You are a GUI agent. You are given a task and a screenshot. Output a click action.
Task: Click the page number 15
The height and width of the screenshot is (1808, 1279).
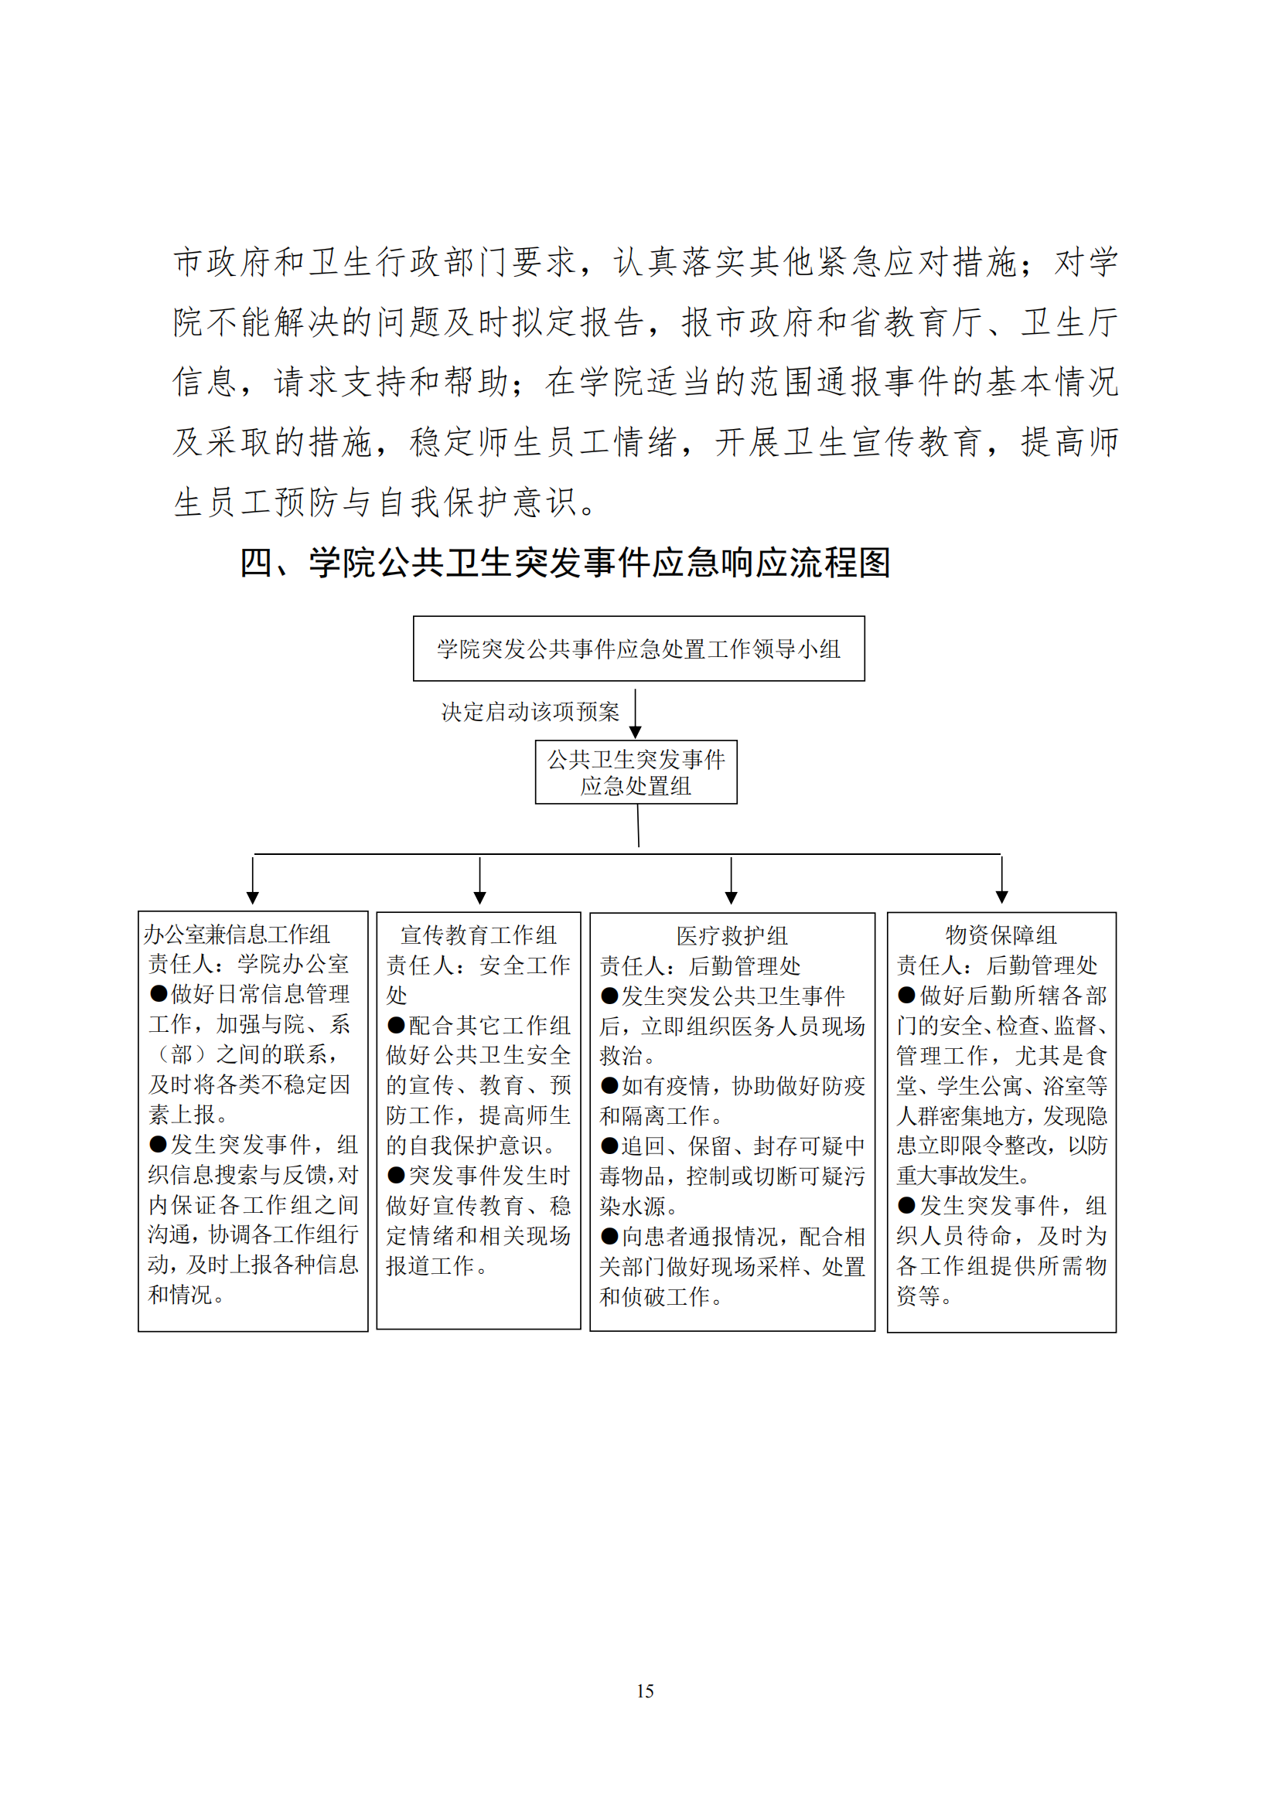click(645, 1691)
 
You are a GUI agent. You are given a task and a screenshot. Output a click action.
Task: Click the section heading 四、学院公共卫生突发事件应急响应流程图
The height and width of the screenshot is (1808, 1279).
click(564, 563)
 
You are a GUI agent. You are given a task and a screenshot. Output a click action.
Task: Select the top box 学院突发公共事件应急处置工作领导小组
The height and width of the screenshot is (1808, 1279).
click(639, 649)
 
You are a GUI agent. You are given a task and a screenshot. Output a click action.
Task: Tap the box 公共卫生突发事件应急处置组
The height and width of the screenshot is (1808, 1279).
click(636, 772)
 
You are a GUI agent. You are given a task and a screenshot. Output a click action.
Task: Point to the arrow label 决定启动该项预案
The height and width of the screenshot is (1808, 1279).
click(530, 712)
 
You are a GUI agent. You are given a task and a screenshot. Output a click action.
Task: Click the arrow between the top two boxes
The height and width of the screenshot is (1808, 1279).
click(636, 713)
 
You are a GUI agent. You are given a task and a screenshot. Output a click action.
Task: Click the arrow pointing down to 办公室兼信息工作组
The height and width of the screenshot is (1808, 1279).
click(253, 881)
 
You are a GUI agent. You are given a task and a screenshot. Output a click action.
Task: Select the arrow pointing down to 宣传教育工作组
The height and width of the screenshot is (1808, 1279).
click(479, 881)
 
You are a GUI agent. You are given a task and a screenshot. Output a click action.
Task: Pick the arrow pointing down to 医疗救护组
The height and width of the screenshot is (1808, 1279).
click(731, 881)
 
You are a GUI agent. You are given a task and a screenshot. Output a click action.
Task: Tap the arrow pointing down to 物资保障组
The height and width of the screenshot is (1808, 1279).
click(1001, 881)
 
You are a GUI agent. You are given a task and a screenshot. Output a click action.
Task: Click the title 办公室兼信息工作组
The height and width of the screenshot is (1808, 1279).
click(237, 935)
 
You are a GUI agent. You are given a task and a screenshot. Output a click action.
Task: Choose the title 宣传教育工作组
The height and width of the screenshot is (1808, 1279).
click(479, 935)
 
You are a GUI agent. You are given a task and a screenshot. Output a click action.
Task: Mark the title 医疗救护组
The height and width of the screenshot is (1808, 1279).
click(732, 936)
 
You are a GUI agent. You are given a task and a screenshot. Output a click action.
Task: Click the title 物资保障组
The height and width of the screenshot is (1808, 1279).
click(1001, 935)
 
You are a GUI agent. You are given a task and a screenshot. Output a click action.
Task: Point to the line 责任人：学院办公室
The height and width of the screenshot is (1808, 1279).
click(249, 964)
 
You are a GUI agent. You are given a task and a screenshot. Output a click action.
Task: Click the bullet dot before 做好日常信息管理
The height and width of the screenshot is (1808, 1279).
click(159, 994)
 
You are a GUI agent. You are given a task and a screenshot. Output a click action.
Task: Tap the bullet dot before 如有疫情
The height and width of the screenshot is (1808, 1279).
click(609, 1086)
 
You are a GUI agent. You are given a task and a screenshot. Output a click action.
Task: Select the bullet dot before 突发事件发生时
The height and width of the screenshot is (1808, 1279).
click(395, 1176)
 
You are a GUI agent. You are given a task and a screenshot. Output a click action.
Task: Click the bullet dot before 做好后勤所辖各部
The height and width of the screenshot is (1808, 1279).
click(906, 996)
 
